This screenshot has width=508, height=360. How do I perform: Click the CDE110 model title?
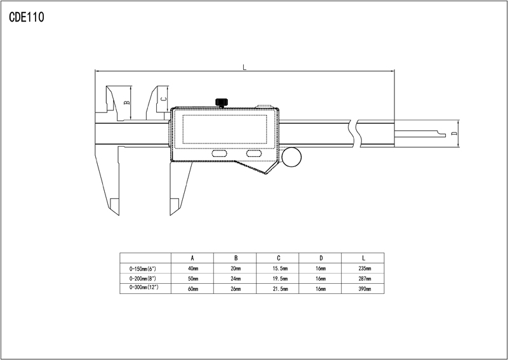tap(27, 17)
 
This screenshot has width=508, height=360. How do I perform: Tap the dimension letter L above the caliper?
tap(244, 67)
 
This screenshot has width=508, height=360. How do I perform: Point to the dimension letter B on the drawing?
tap(128, 102)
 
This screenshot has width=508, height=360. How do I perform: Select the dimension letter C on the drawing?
tap(164, 99)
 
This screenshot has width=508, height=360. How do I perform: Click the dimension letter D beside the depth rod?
tap(454, 133)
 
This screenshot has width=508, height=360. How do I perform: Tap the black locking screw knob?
tap(222, 102)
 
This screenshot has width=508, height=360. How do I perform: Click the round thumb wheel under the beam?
tap(291, 157)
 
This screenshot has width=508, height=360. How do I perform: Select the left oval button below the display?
tap(219, 153)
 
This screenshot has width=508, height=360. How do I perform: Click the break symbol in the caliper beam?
tap(354, 133)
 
